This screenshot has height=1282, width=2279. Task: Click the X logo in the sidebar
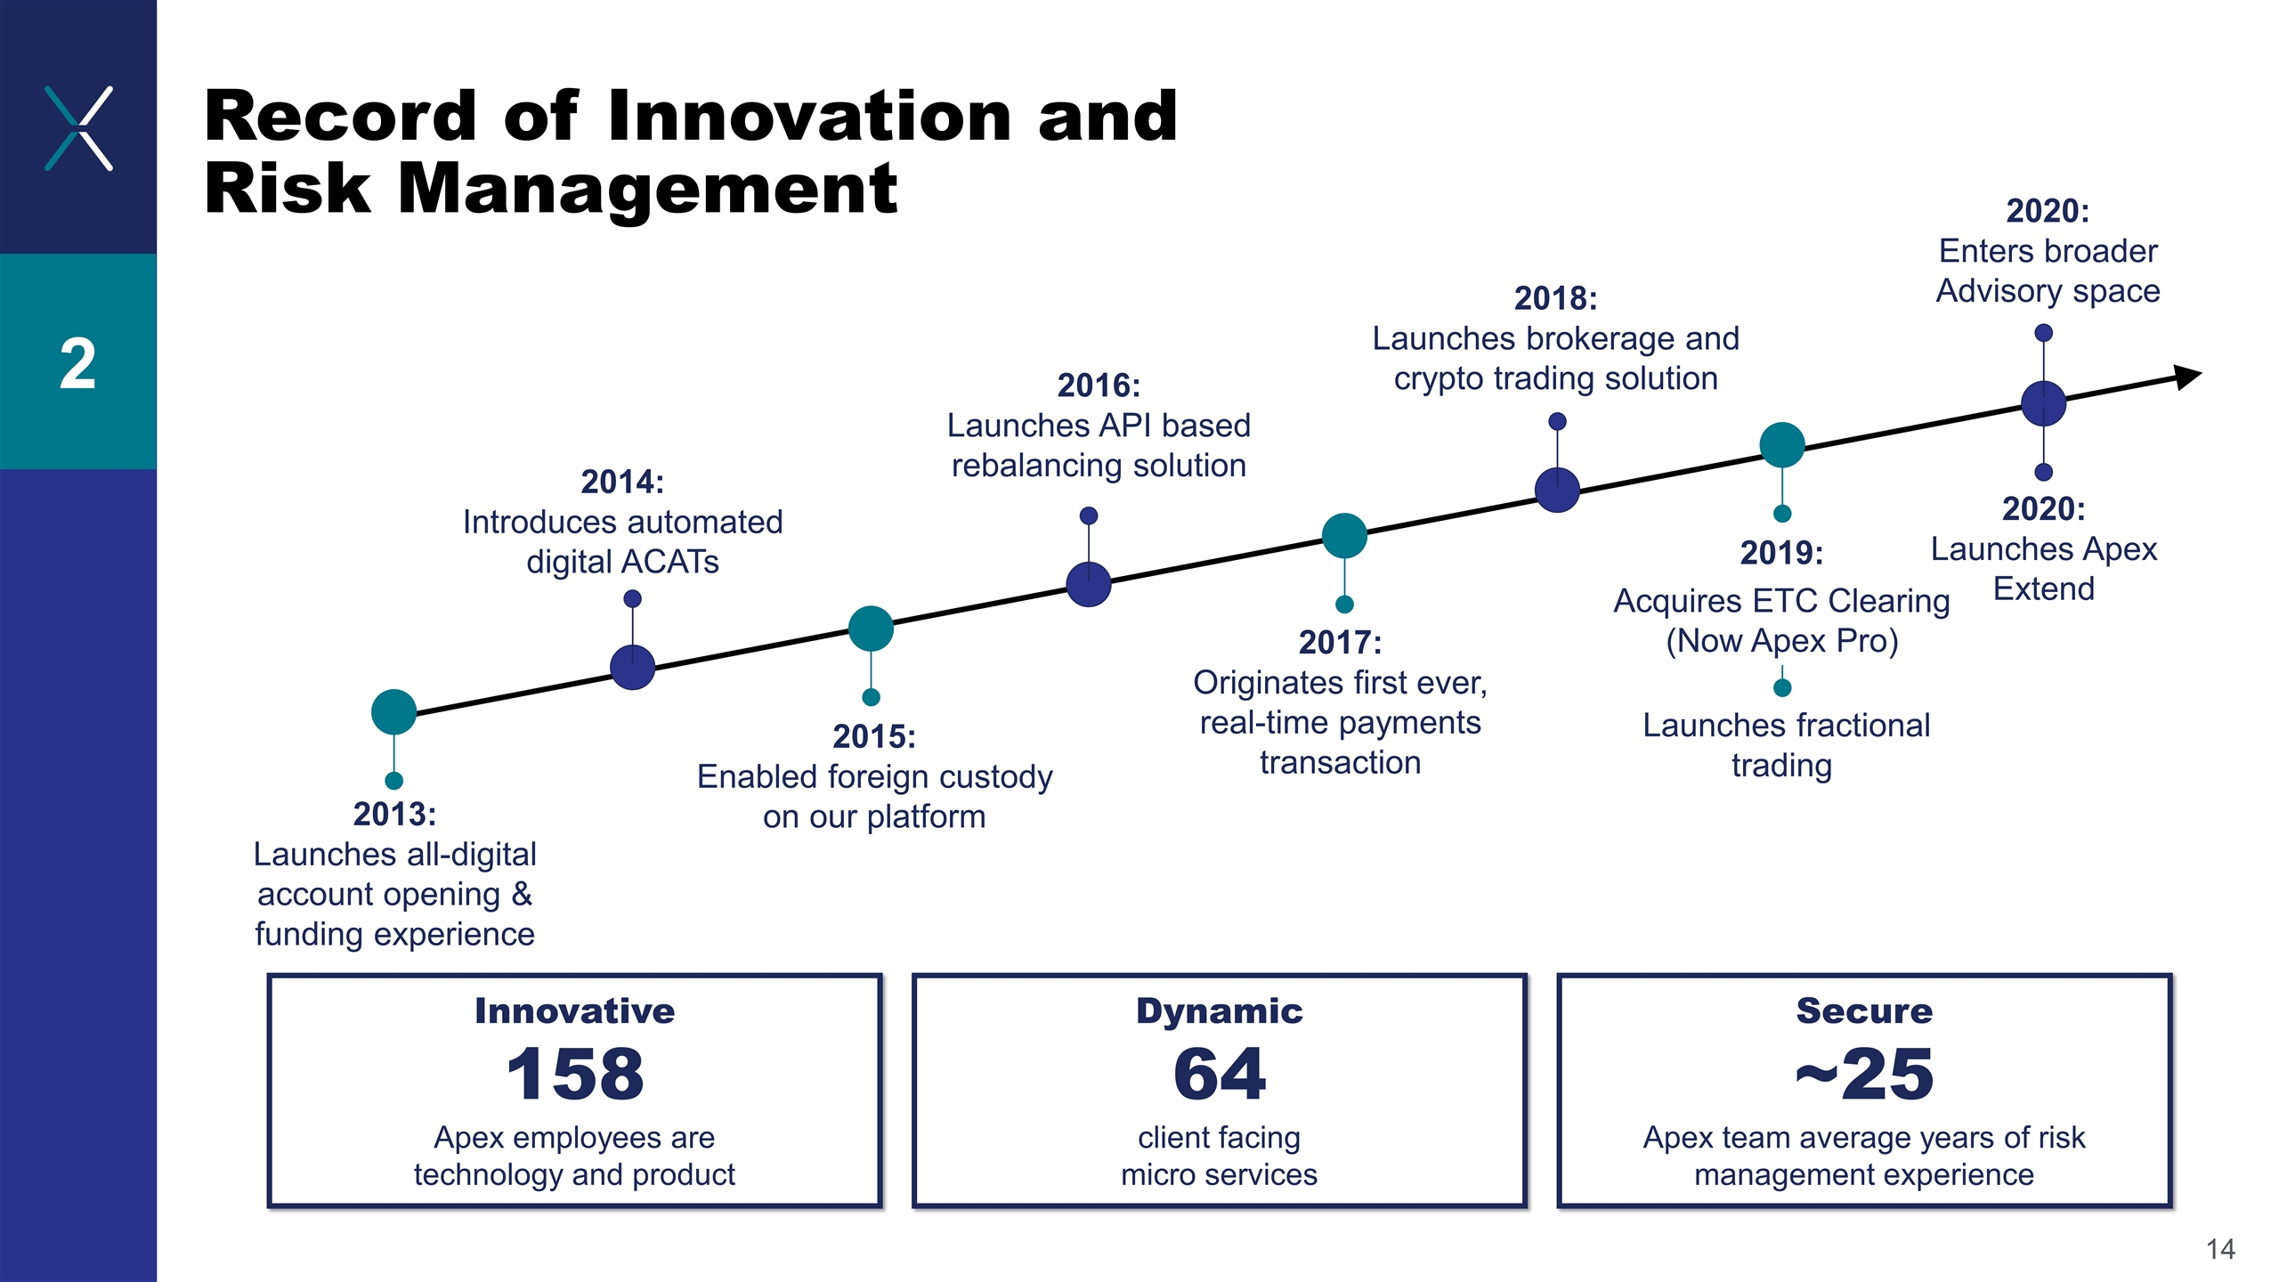[78, 128]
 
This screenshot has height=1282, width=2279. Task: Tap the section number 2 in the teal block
[78, 364]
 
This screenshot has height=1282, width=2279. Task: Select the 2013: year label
[394, 814]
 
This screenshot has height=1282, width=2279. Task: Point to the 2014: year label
[622, 482]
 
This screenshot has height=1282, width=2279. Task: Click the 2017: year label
[1340, 642]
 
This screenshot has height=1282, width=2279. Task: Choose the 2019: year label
[1781, 553]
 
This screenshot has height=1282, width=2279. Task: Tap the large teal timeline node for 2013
[393, 711]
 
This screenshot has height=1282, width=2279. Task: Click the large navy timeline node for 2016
[1089, 584]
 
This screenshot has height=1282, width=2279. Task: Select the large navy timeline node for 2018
[1557, 490]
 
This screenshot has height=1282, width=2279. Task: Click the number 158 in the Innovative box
[574, 1074]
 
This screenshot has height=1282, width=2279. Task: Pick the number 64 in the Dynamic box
[1219, 1074]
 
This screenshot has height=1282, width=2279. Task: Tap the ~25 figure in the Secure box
[1864, 1074]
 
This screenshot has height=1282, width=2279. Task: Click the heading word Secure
[1864, 1011]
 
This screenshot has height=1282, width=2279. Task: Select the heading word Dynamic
[1219, 1011]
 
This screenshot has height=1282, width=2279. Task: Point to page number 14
[2220, 1249]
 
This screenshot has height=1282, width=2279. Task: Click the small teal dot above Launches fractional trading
[1782, 687]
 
